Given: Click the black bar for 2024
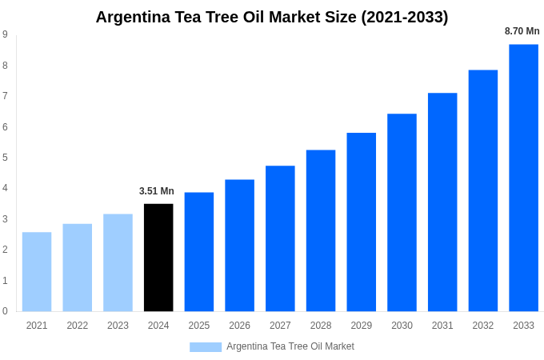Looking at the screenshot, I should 158,258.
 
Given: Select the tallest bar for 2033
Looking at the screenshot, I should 523,178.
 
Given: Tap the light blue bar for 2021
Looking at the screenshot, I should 37,272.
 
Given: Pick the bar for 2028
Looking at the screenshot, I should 321,230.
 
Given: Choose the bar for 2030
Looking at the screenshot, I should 402,213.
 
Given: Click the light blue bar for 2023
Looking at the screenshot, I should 118,262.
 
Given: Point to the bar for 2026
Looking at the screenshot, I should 239,246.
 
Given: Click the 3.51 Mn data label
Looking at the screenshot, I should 157,191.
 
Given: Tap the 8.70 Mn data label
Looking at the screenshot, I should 522,31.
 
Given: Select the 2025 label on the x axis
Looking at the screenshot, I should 199,326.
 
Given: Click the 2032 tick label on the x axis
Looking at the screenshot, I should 483,326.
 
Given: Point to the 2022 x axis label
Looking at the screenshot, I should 78,326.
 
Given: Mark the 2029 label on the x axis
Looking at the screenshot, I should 362,326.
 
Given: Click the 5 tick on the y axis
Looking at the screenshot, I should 5,158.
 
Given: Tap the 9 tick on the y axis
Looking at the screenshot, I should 5,34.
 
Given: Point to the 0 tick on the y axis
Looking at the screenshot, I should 5,311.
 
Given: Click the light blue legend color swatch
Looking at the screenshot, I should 206,347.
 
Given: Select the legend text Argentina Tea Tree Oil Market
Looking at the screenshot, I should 290,346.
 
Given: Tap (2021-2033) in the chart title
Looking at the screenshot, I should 405,17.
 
